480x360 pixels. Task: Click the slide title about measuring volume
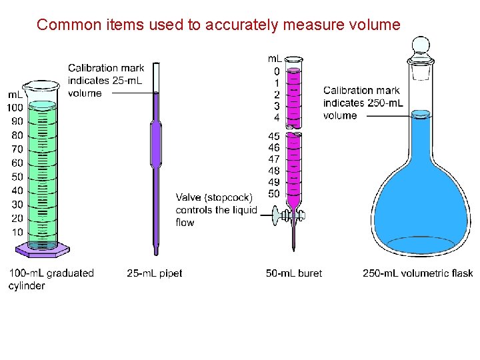click(219, 25)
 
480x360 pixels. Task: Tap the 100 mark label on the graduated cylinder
click(15, 107)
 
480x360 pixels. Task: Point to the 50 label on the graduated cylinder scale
click(17, 177)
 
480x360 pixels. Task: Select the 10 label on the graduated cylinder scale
click(17, 232)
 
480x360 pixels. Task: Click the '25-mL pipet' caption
click(154, 273)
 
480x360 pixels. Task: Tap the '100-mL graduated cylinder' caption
click(51, 279)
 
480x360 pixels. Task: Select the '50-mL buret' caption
click(293, 273)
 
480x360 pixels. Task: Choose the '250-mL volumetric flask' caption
click(417, 273)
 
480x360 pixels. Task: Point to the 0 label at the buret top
click(277, 71)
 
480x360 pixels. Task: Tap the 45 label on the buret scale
click(274, 137)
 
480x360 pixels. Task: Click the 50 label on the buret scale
click(274, 194)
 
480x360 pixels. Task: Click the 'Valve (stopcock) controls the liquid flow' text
click(215, 209)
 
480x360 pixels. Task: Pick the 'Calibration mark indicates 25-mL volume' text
click(106, 80)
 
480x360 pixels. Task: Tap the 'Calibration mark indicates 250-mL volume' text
click(363, 103)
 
